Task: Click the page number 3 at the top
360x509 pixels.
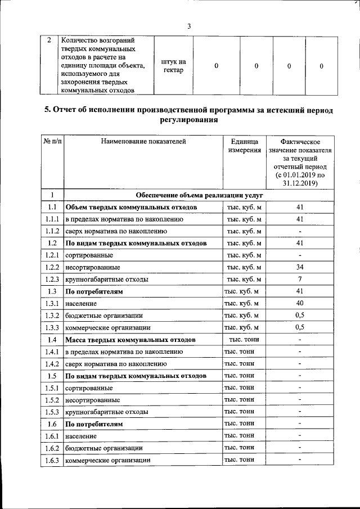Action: [189, 26]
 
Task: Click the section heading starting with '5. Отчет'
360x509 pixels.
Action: [189, 115]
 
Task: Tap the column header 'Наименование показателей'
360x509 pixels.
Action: [143, 142]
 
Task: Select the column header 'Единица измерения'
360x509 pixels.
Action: [244, 146]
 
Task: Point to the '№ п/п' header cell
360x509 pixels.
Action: [52, 142]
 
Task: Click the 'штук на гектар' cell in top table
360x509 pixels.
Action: [173, 66]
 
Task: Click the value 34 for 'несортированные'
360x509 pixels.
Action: [300, 267]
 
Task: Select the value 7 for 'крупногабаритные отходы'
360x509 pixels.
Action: [300, 279]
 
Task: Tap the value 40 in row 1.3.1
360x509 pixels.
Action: [300, 303]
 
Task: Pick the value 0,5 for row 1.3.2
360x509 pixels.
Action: [300, 316]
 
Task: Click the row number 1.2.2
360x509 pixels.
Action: [52, 267]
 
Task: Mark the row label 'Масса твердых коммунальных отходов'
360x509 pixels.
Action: [130, 340]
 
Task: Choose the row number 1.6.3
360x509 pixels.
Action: [52, 461]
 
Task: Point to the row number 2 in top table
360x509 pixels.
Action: [49, 41]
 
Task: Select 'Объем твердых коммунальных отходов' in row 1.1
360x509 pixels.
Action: [131, 208]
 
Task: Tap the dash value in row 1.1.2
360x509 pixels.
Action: [300, 231]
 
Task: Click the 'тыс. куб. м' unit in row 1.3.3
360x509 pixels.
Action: [241, 327]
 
